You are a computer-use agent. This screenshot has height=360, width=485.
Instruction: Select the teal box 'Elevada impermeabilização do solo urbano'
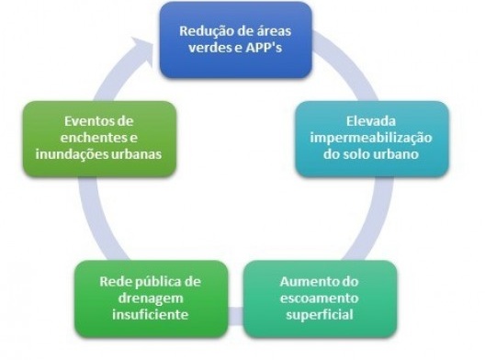[372, 139]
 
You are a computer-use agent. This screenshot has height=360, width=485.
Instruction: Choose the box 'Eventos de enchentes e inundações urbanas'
[100, 139]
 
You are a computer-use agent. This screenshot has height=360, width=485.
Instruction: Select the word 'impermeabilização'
[371, 139]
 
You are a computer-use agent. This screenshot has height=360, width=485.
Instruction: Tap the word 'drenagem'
[149, 298]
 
